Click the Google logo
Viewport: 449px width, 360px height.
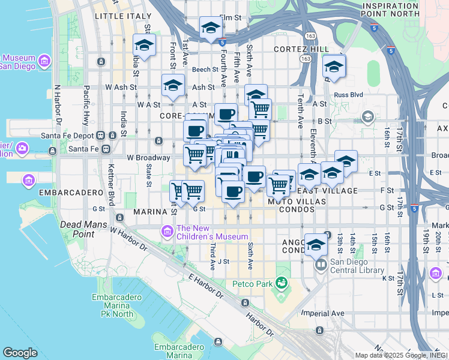pos(20,352)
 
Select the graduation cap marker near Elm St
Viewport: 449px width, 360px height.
pos(211,28)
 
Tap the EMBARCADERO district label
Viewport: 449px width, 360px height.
pos(62,193)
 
